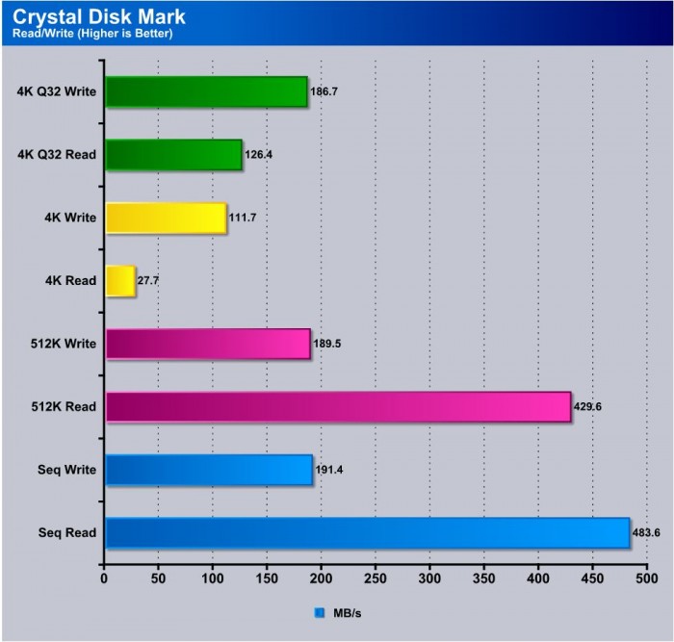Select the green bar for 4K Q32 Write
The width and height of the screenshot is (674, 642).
[x=205, y=91]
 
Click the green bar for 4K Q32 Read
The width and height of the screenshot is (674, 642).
[x=172, y=154]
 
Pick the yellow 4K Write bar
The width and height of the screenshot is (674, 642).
[x=165, y=218]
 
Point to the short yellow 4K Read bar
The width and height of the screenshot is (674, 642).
[x=119, y=281]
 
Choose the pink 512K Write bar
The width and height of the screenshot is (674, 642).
[x=207, y=344]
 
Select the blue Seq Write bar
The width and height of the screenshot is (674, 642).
[x=208, y=470]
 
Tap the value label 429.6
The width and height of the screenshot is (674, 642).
[x=590, y=407]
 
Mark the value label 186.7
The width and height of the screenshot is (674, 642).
[x=324, y=91]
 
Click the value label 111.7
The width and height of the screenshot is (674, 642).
[x=244, y=218]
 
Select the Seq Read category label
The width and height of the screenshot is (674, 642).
[x=69, y=533]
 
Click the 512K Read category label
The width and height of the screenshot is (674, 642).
[x=65, y=407]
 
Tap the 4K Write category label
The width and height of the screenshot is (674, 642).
[x=69, y=218]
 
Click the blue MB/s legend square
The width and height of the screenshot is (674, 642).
[x=320, y=611]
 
